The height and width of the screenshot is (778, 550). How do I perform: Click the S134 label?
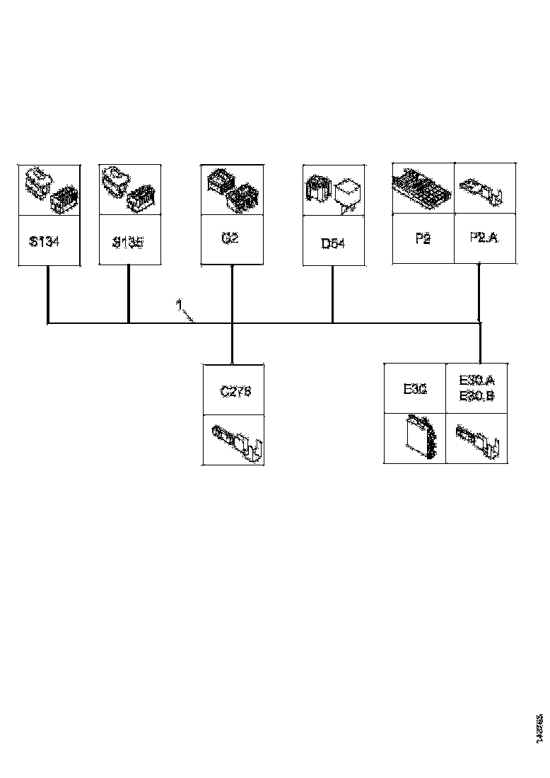(x=45, y=242)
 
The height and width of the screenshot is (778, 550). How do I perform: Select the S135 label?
(x=128, y=243)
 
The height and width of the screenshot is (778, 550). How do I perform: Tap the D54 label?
(x=333, y=243)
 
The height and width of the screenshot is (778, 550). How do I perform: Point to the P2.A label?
(x=484, y=238)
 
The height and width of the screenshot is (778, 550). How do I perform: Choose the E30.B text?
(x=476, y=396)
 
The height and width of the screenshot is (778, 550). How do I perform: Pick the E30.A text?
(x=476, y=380)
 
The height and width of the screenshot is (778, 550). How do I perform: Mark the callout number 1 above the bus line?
(x=180, y=305)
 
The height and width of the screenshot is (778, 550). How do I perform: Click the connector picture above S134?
(x=49, y=190)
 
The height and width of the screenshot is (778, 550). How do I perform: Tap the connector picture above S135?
(x=128, y=190)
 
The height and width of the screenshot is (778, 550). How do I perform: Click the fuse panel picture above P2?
(x=422, y=187)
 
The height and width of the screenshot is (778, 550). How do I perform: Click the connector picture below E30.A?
(x=478, y=439)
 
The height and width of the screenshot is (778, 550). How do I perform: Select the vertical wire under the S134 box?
(x=47, y=294)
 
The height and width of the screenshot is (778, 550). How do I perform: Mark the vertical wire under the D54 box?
(x=333, y=294)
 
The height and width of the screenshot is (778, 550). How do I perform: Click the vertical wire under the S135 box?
(x=128, y=294)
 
